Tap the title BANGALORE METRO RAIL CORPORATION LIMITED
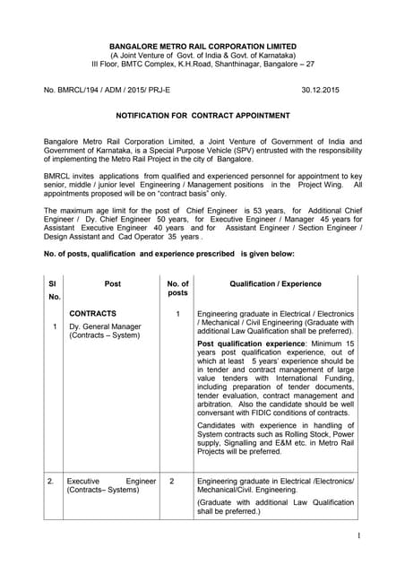pos(202,46)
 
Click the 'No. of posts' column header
pos(177,287)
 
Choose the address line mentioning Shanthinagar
pos(202,65)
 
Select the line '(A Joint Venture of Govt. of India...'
pos(202,55)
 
